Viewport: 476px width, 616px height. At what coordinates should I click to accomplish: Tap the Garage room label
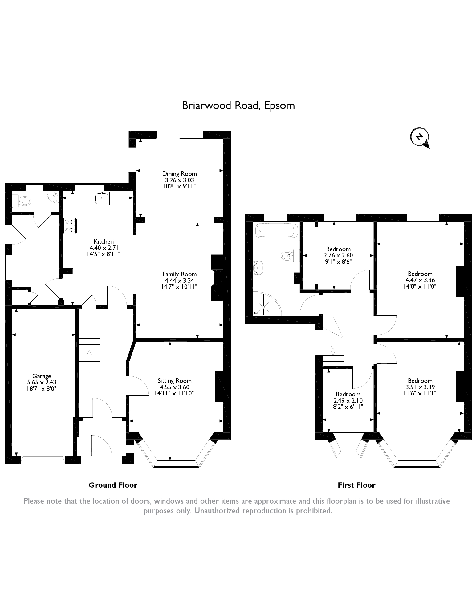click(42, 376)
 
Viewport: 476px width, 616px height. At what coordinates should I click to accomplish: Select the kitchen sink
click(102, 198)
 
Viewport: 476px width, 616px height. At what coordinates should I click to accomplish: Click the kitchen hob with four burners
click(70, 226)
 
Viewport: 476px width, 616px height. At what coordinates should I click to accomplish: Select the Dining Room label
click(179, 174)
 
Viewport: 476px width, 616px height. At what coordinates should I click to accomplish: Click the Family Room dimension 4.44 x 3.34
click(179, 280)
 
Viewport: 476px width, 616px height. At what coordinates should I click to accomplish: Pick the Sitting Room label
click(174, 381)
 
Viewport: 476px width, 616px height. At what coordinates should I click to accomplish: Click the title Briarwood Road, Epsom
click(238, 105)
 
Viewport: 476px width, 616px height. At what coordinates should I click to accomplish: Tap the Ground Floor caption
click(113, 485)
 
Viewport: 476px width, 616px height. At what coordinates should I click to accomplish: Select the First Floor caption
click(356, 485)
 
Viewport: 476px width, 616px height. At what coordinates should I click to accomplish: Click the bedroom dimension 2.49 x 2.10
click(348, 401)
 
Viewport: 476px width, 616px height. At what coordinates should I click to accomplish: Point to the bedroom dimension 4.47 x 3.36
click(420, 280)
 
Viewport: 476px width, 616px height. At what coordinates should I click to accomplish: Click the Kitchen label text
click(104, 241)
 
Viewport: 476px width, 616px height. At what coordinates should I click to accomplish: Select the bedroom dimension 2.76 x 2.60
click(338, 255)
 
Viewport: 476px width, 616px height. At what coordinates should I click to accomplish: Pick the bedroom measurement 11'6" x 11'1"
click(420, 393)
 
